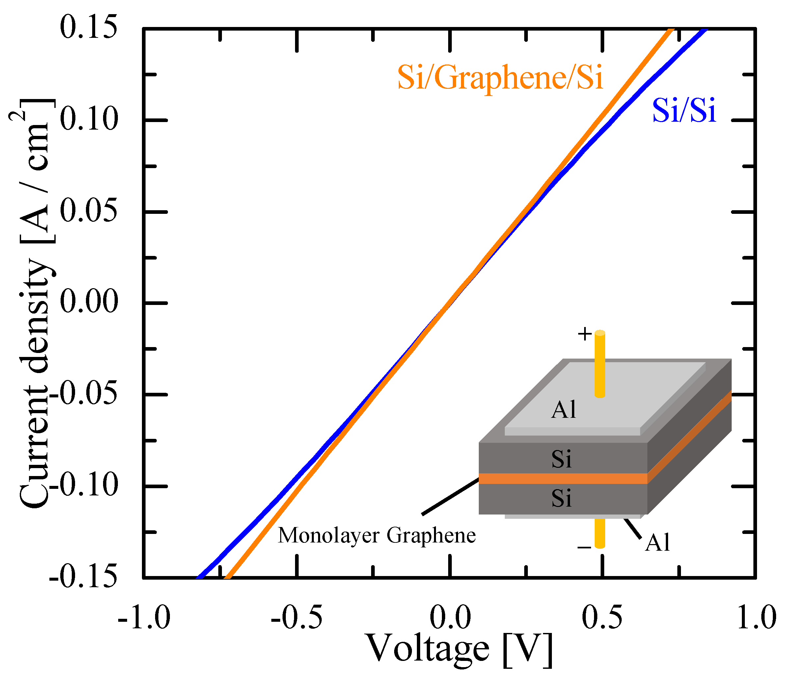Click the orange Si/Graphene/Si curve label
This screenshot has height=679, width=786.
pos(500,78)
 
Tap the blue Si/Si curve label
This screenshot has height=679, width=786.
pos(684,111)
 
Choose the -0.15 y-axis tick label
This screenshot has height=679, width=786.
pos(83,577)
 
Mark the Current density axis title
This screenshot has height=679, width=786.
pos(36,303)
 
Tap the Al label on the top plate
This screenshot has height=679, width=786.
pos(564,410)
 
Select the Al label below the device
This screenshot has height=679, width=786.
pos(657,542)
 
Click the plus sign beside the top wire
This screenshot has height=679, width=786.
pos(584,334)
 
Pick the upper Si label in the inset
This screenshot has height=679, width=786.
pos(561,459)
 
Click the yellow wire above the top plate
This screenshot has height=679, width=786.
pos(600,364)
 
